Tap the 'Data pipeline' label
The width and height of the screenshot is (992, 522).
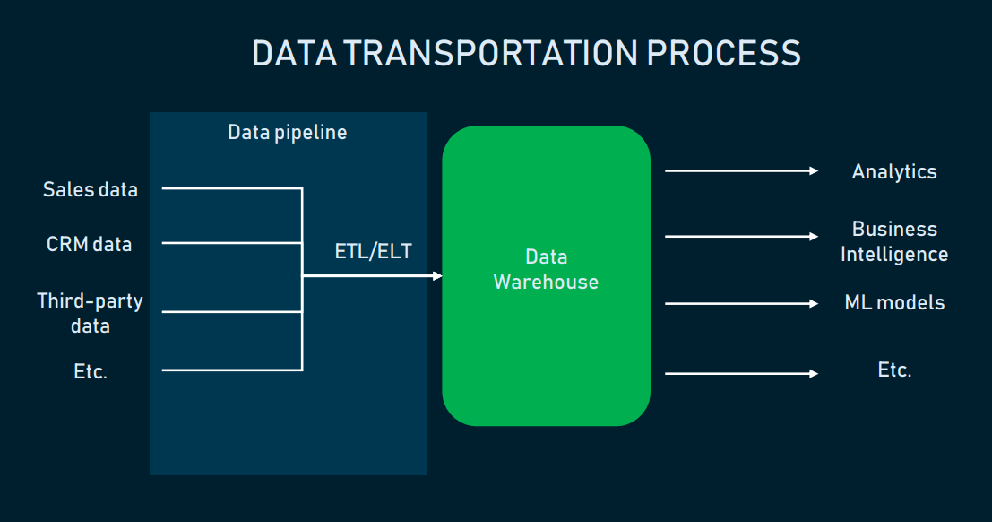pyautogui.click(x=287, y=133)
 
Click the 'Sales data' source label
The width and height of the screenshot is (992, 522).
pyautogui.click(x=91, y=189)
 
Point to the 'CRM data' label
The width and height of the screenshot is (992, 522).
pyautogui.click(x=89, y=244)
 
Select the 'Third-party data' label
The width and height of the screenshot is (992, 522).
pyautogui.click(x=90, y=312)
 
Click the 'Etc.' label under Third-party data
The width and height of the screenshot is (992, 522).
pyautogui.click(x=91, y=371)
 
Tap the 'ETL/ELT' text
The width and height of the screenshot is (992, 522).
pyautogui.click(x=373, y=251)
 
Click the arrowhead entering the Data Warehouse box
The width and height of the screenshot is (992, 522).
pyautogui.click(x=437, y=276)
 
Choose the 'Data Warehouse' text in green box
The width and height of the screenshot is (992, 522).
pyautogui.click(x=546, y=269)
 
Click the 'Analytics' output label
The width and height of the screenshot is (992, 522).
pyautogui.click(x=893, y=171)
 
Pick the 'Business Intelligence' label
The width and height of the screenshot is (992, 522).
pyautogui.click(x=893, y=241)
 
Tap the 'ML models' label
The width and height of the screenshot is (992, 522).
pyautogui.click(x=893, y=302)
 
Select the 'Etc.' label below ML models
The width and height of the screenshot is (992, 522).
pyautogui.click(x=893, y=370)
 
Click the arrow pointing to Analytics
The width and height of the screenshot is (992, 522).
pyautogui.click(x=741, y=170)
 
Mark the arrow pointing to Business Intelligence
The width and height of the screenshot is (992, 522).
pyautogui.click(x=741, y=237)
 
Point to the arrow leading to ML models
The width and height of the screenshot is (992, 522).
pyautogui.click(x=741, y=303)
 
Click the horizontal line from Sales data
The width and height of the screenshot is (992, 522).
pyautogui.click(x=231, y=188)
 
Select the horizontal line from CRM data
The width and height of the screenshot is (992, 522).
pyautogui.click(x=231, y=242)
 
